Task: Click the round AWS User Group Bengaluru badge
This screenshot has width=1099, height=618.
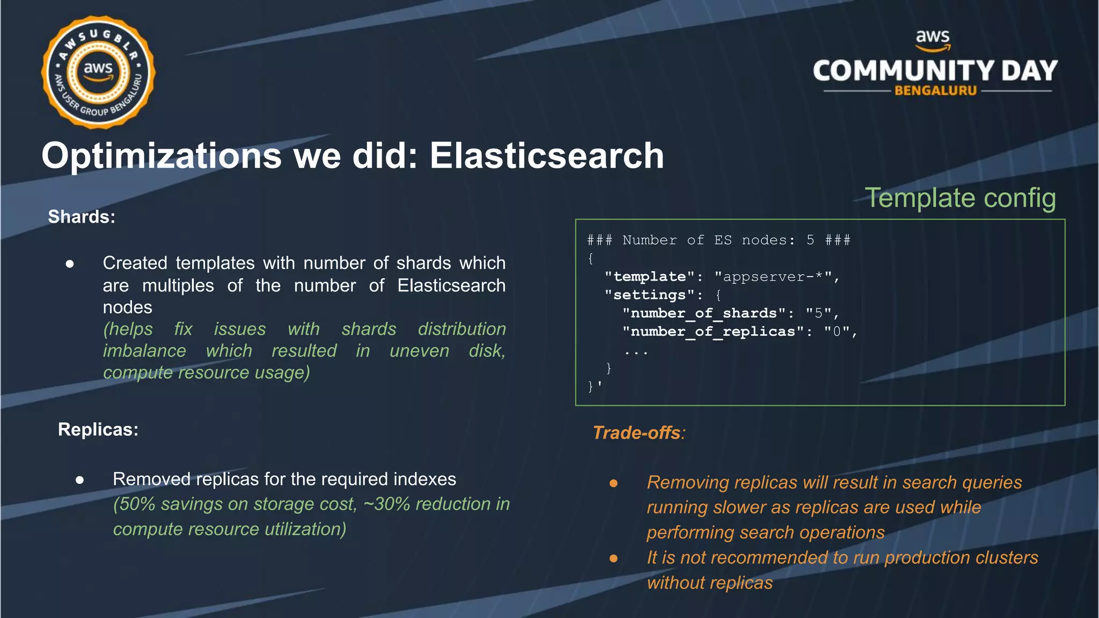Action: point(98,72)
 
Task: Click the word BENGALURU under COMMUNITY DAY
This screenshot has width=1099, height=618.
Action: point(935,91)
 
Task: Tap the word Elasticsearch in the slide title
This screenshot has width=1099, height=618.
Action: point(546,156)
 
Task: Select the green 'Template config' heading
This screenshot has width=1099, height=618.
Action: point(960,197)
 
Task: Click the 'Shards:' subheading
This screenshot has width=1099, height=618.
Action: point(82,217)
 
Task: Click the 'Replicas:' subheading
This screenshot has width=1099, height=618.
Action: point(98,430)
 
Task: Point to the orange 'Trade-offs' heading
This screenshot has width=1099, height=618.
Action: point(637,433)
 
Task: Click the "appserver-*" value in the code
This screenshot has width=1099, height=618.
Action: point(773,277)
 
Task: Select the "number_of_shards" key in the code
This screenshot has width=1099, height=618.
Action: point(704,313)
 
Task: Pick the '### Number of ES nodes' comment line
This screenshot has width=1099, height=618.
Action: point(718,240)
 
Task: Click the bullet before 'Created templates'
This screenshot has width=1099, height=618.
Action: point(70,263)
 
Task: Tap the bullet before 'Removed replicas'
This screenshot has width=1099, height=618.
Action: point(80,480)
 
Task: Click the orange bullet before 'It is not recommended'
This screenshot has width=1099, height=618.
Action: point(613,558)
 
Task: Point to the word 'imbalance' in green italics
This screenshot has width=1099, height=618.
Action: point(144,351)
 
